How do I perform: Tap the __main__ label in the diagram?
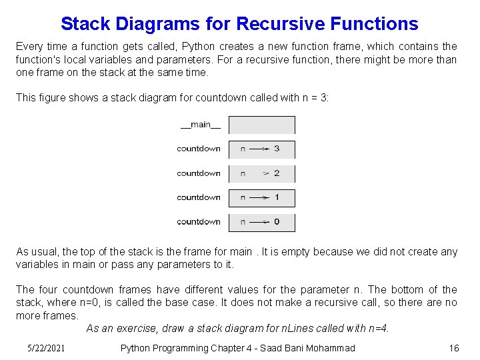(x=195, y=125)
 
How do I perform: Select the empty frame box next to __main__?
(x=262, y=125)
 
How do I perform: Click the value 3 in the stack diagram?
(x=277, y=149)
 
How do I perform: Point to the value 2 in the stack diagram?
(x=277, y=173)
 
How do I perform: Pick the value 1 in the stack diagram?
(x=277, y=197)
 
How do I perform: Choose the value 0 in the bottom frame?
(x=277, y=221)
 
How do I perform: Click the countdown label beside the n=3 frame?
(x=198, y=149)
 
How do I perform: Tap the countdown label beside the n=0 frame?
(x=198, y=221)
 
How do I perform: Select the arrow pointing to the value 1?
(x=259, y=197)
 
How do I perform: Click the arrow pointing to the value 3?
(x=259, y=149)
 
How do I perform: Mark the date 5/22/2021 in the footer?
(x=48, y=348)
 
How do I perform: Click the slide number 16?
(x=454, y=348)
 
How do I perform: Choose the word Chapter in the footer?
(x=229, y=348)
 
